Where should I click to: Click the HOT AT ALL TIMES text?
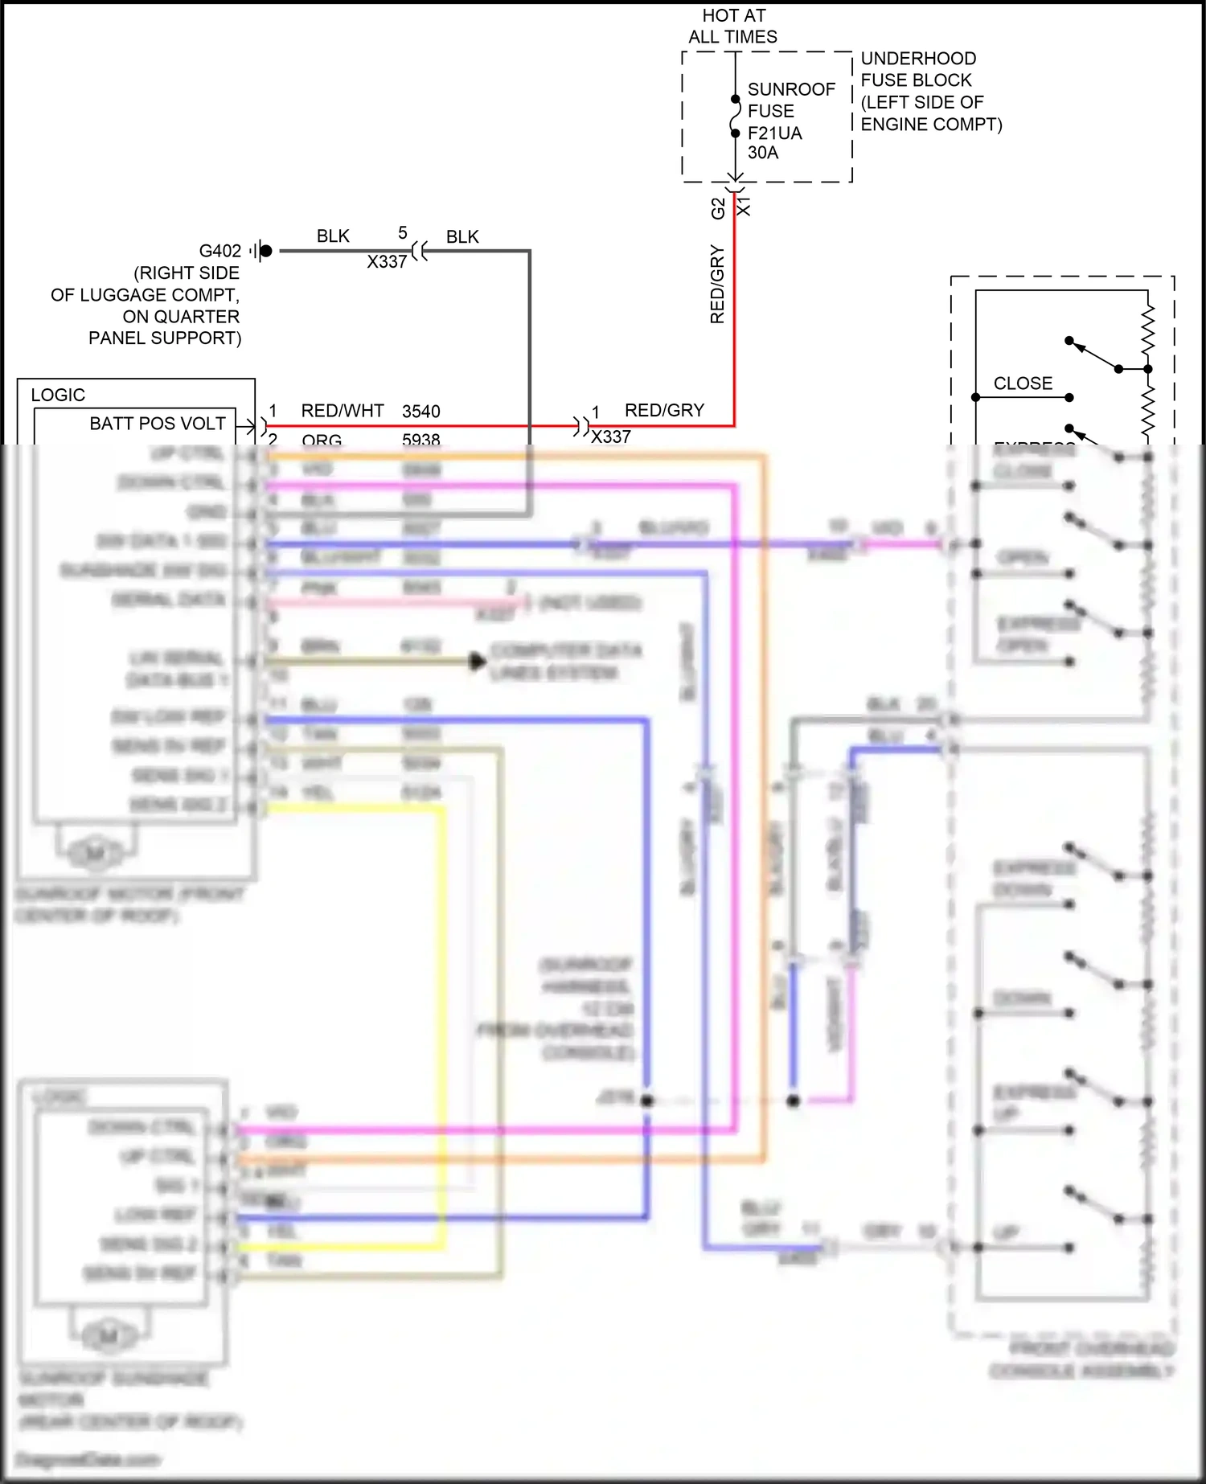click(732, 26)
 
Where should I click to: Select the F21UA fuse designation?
click(774, 133)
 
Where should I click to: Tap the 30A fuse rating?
click(763, 153)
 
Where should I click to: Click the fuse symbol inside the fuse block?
click(735, 117)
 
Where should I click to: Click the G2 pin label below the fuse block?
click(718, 208)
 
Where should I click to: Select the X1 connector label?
click(745, 204)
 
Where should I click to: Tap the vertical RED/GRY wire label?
click(717, 285)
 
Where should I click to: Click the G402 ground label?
click(219, 251)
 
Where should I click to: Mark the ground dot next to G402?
click(266, 251)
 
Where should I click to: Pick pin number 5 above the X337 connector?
click(403, 233)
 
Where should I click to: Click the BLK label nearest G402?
click(333, 236)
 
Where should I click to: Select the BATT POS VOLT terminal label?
click(158, 424)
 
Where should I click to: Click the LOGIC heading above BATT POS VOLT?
click(58, 395)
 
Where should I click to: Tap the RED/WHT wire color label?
click(343, 411)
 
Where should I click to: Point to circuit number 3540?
click(421, 412)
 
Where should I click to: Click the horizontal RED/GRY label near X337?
click(664, 410)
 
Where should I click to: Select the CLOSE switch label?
click(1023, 383)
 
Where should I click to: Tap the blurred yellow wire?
click(441, 1005)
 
